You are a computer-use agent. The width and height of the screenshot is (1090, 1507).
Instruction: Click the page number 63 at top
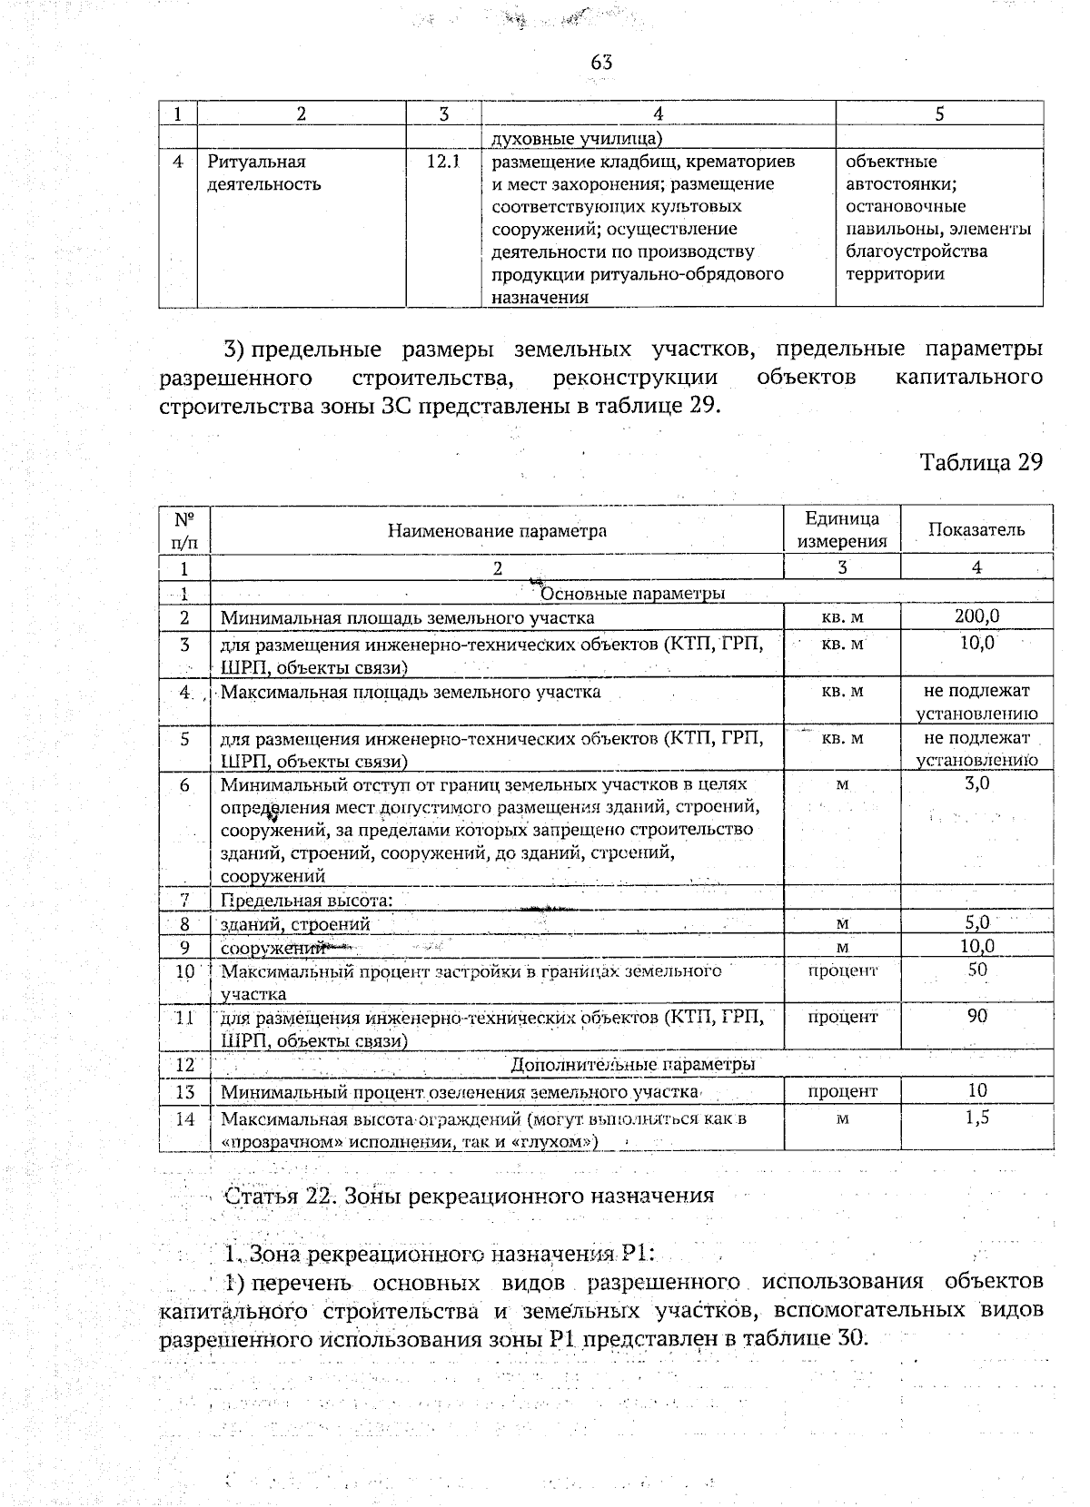[601, 62]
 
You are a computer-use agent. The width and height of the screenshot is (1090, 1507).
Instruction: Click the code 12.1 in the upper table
[443, 162]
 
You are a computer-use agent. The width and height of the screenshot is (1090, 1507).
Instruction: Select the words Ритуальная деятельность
[264, 173]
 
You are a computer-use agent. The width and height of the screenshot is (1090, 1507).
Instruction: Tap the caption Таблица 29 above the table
[981, 462]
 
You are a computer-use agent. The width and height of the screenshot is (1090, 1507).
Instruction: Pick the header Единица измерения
[841, 530]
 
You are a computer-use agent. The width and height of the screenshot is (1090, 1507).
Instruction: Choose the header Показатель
[976, 530]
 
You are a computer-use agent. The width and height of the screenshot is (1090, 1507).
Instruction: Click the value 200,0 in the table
[976, 616]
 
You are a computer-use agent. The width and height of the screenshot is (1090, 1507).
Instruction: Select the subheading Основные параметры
[632, 594]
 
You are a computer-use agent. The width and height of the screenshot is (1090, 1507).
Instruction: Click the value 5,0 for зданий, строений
[976, 923]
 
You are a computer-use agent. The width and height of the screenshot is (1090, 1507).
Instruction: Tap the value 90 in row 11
[976, 1017]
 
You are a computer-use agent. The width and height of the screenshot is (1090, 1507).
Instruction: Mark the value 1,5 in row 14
[976, 1118]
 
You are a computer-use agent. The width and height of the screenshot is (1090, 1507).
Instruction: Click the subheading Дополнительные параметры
[632, 1064]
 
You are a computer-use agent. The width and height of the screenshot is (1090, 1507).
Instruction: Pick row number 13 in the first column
[185, 1091]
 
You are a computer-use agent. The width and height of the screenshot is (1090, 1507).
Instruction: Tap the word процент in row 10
[842, 970]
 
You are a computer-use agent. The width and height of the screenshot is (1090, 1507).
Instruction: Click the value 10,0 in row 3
[976, 643]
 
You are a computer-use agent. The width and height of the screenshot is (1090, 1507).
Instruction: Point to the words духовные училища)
[577, 139]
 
